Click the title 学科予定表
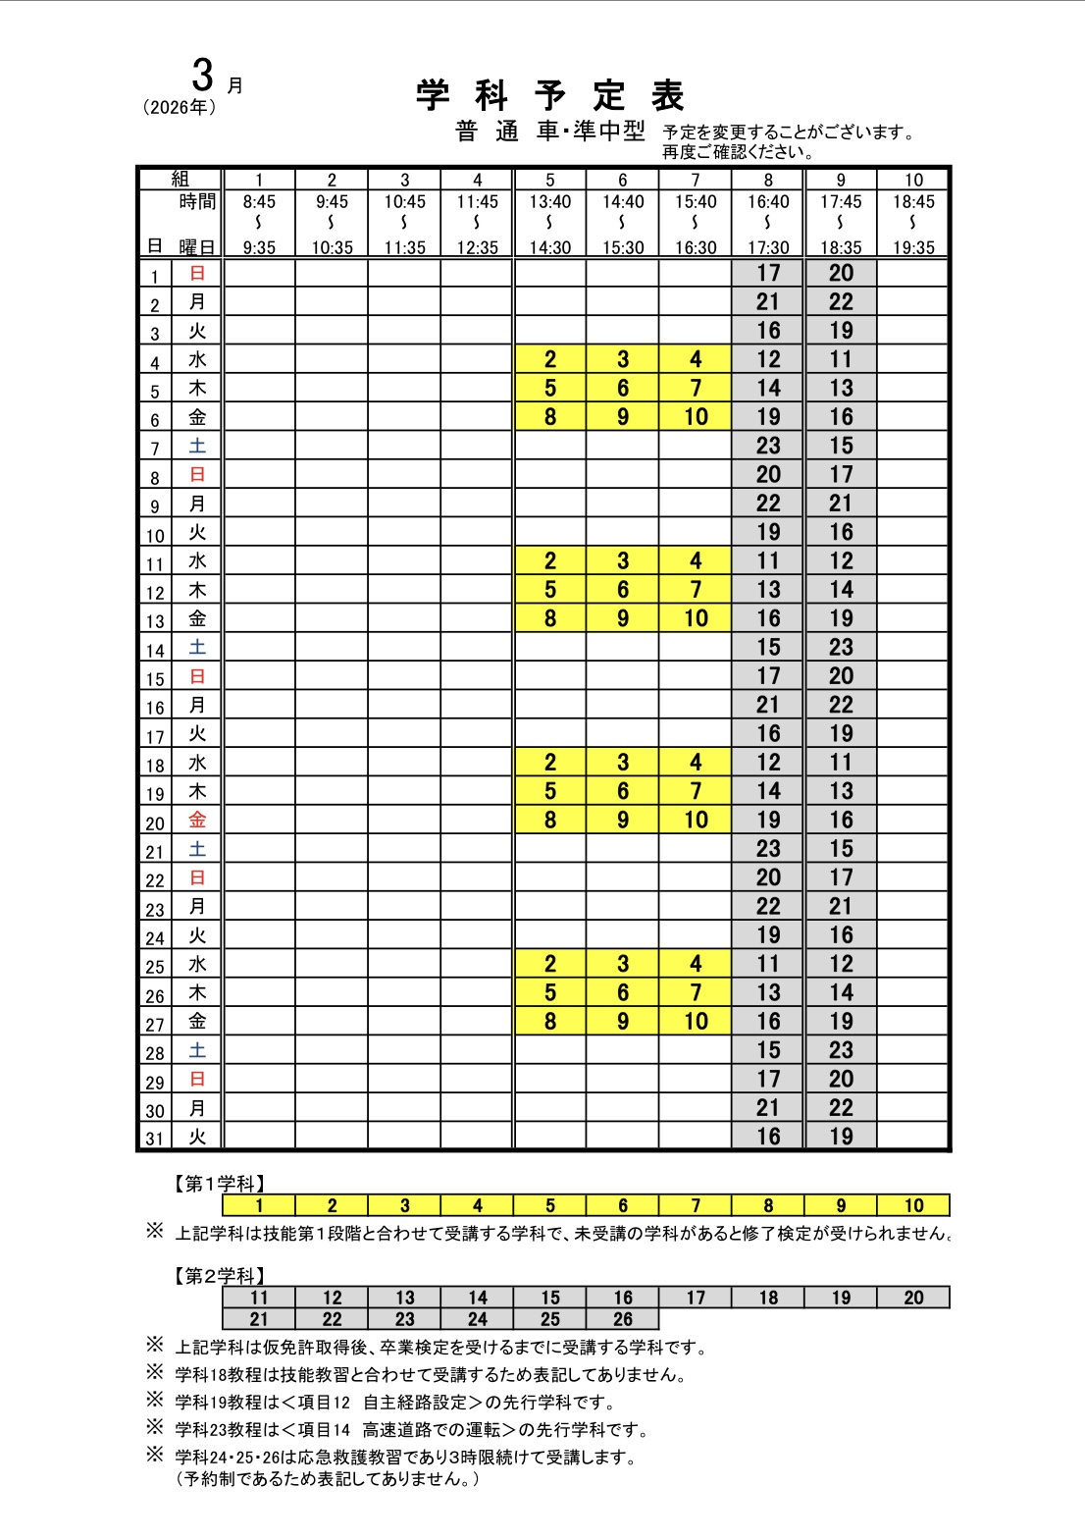(x=549, y=96)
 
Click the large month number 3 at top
(x=203, y=76)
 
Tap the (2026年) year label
(x=180, y=108)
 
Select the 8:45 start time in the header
(x=259, y=202)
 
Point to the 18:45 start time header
(x=913, y=202)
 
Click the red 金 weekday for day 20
(x=197, y=821)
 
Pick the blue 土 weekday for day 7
(x=197, y=447)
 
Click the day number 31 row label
(x=154, y=1139)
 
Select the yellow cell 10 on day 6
(x=696, y=417)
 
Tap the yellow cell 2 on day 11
(x=550, y=561)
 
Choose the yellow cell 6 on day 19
(x=623, y=791)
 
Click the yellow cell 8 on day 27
(x=550, y=1022)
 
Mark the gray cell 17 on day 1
(x=768, y=273)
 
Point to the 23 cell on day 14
(x=841, y=648)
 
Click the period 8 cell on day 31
(x=768, y=1137)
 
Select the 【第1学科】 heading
(x=220, y=1184)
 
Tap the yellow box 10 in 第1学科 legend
(x=913, y=1205)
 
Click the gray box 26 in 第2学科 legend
(x=623, y=1319)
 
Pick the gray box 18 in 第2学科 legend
(x=768, y=1298)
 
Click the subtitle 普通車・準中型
(x=550, y=132)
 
